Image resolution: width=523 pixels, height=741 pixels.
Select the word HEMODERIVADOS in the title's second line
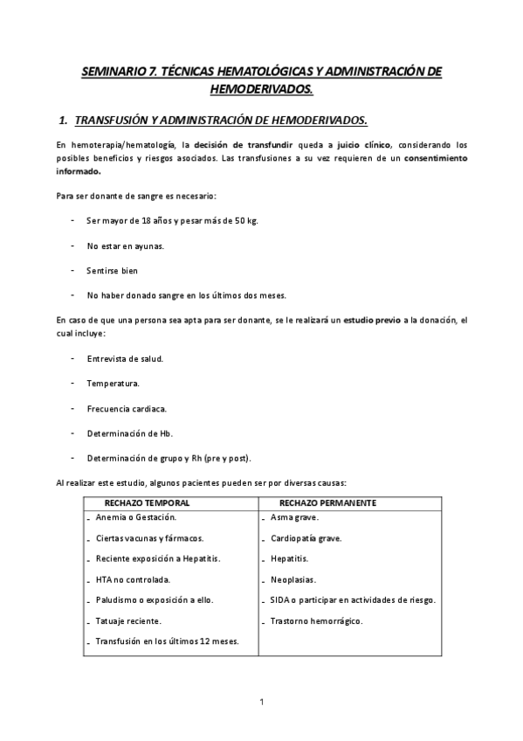(262, 89)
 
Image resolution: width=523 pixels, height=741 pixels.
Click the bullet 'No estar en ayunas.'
(125, 246)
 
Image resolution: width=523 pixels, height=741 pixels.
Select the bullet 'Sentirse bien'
(113, 270)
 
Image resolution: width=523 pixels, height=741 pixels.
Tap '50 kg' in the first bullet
(239, 220)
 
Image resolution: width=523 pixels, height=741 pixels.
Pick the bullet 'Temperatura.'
(113, 383)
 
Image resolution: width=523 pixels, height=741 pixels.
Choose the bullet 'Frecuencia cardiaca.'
(127, 408)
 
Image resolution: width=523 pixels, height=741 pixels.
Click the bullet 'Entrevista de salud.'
(125, 358)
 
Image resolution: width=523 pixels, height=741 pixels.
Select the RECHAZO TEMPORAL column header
(147, 503)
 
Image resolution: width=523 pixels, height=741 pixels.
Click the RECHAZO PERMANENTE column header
(327, 503)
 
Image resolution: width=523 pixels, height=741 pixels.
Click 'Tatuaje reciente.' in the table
(128, 620)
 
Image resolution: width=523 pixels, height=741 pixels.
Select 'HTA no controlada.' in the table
(133, 579)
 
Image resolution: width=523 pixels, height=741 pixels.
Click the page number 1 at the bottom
(261, 701)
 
